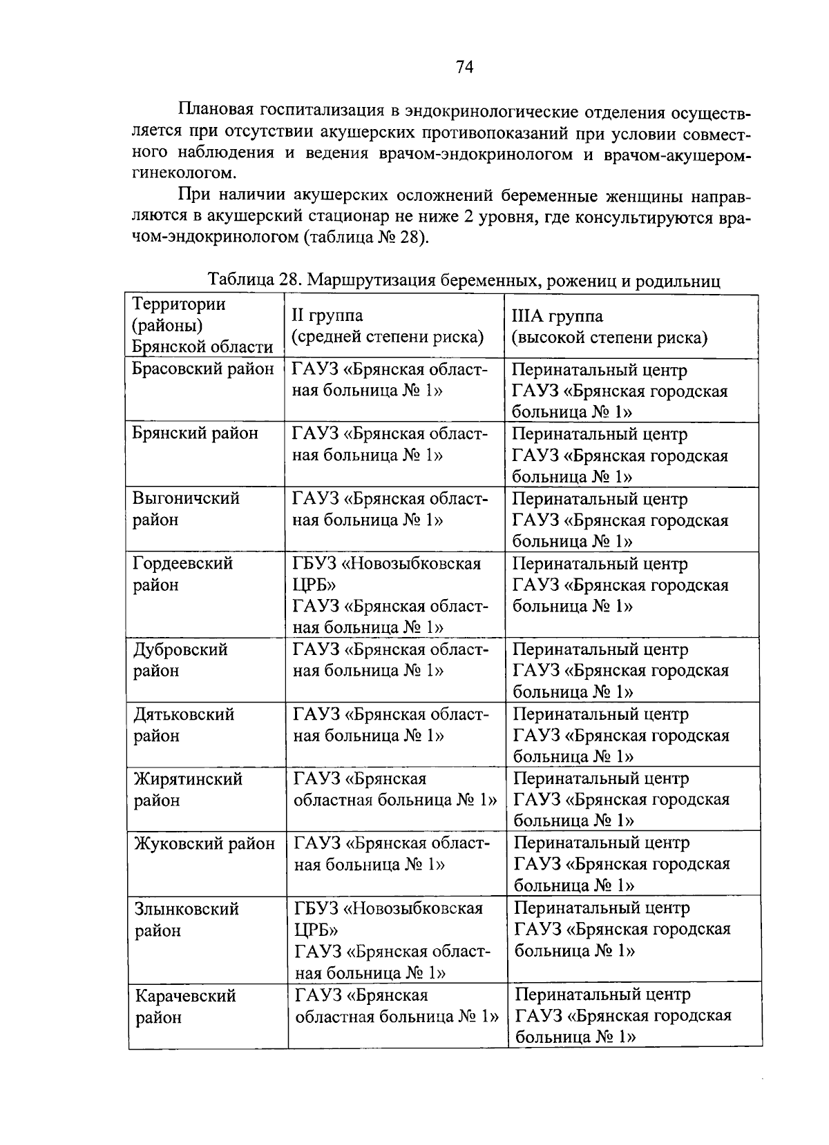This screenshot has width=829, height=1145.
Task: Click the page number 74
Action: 464,67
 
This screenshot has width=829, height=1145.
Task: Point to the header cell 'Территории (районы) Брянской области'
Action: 202,326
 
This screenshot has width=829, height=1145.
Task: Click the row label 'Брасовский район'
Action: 203,369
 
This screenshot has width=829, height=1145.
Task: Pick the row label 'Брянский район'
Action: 196,433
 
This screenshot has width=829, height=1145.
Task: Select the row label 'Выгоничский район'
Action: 187,509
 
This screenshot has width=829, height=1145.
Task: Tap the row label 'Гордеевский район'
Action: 183,574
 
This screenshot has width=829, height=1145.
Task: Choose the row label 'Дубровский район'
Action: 180,660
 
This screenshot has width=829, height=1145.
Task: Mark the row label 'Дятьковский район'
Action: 184,725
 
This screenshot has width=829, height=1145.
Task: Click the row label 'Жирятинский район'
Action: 188,790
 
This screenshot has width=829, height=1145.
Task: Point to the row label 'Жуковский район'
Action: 204,843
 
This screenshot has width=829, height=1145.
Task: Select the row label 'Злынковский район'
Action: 187,919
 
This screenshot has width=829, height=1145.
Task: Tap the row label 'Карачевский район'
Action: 186,1006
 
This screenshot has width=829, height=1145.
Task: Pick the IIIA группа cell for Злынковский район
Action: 622,929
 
